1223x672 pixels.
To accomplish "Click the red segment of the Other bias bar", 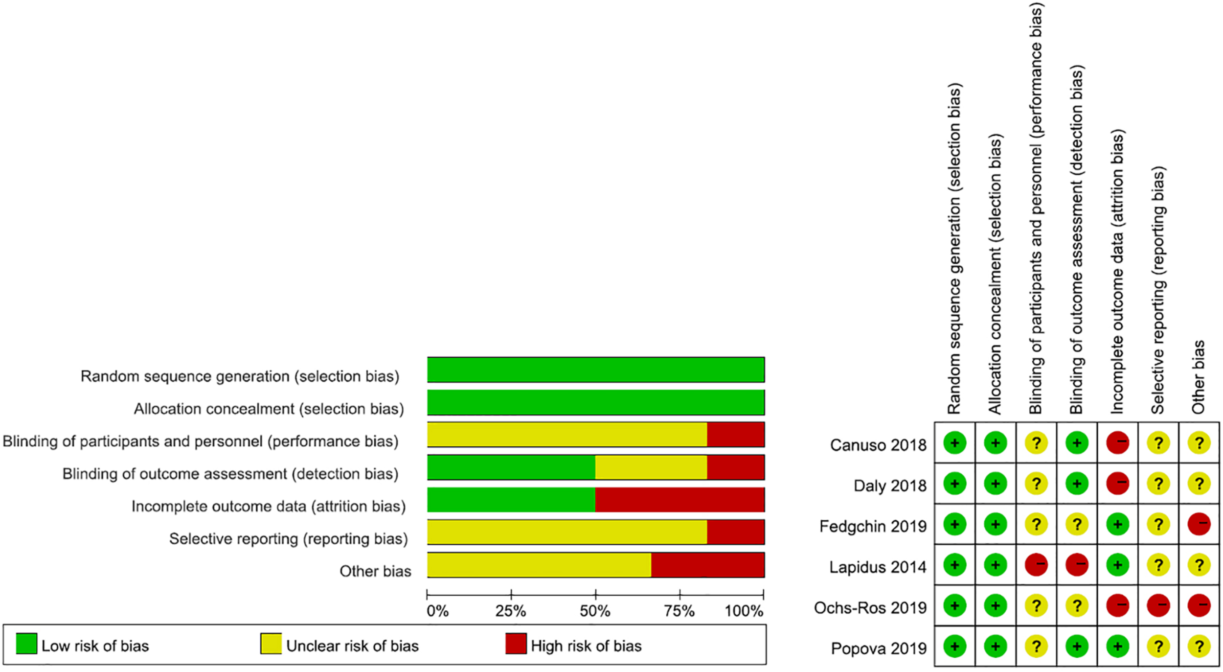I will [707, 565].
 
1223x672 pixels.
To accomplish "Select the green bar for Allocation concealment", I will [595, 402].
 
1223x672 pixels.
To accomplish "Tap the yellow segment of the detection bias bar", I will [651, 467].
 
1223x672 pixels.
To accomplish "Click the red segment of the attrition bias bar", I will [679, 500].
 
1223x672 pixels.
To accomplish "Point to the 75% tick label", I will [679, 611].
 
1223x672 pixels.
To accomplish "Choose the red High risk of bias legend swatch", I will [516, 644].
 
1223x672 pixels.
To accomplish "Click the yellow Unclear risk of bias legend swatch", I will [271, 644].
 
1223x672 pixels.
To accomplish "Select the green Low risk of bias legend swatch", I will [26, 644].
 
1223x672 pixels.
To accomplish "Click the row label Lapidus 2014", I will [877, 567].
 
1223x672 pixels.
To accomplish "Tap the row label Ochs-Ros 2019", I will [870, 607].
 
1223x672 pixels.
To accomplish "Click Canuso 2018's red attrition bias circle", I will [1117, 443].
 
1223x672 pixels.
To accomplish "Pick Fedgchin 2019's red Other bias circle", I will [1199, 524].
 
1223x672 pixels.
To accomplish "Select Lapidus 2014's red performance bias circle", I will [1036, 565].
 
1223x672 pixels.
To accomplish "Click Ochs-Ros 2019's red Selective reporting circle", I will [1158, 605].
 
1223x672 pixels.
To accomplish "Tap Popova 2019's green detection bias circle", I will [1077, 646].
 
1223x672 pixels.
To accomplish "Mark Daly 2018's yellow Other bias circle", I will [1199, 484].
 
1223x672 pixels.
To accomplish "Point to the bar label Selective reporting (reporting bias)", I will [288, 538].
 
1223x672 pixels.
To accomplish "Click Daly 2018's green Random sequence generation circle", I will [954, 484].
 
